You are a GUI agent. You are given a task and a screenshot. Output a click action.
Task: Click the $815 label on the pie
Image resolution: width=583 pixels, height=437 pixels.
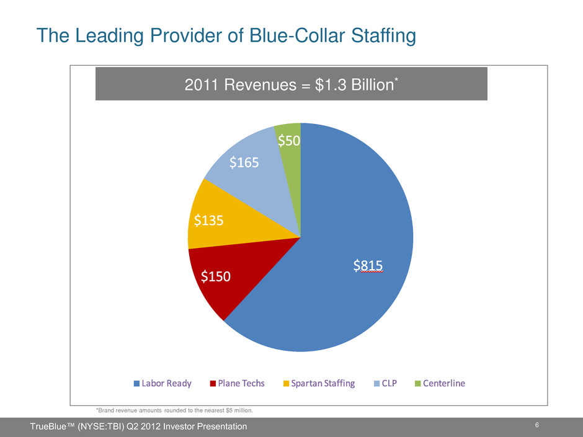point(368,265)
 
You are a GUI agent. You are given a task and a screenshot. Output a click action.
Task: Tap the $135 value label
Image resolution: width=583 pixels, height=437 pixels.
point(209,220)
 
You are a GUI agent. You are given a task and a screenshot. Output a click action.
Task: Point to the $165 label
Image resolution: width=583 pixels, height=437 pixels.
point(244,162)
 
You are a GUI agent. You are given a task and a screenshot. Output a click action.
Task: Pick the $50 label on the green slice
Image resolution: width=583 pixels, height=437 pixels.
point(289,141)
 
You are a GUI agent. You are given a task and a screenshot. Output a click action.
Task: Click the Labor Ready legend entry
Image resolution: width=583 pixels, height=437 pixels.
point(162,383)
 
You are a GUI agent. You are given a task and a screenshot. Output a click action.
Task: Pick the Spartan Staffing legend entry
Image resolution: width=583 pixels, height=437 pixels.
point(319,383)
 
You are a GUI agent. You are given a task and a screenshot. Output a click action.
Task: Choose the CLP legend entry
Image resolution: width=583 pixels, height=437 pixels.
point(388,383)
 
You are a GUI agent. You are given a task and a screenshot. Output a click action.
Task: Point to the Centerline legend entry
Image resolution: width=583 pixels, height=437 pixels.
point(439,383)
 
